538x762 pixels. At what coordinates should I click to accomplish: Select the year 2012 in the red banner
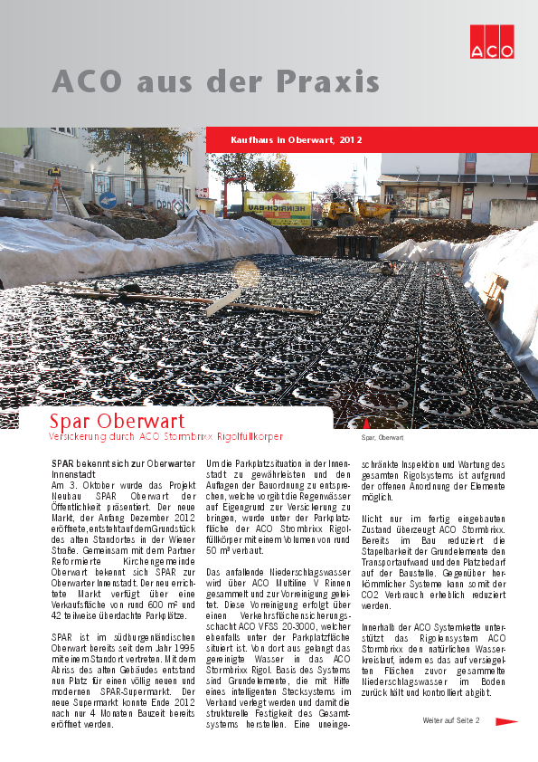(x=351, y=140)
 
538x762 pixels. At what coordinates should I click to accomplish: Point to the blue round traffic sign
(x=108, y=201)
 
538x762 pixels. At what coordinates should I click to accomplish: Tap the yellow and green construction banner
(x=278, y=207)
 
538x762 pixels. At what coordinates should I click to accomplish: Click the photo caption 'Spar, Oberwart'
(x=382, y=438)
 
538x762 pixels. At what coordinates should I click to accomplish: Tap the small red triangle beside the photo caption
(x=365, y=424)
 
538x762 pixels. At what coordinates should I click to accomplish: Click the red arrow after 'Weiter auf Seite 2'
(x=506, y=721)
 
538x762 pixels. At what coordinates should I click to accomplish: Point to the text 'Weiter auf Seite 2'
(x=451, y=721)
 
